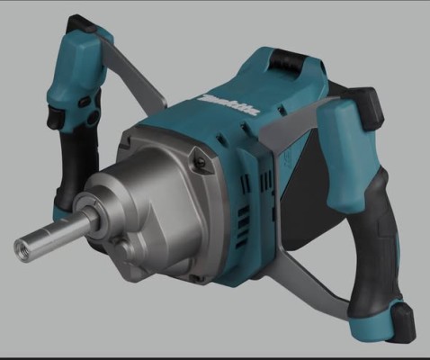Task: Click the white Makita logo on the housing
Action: point(230,105)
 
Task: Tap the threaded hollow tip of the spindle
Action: point(23,247)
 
